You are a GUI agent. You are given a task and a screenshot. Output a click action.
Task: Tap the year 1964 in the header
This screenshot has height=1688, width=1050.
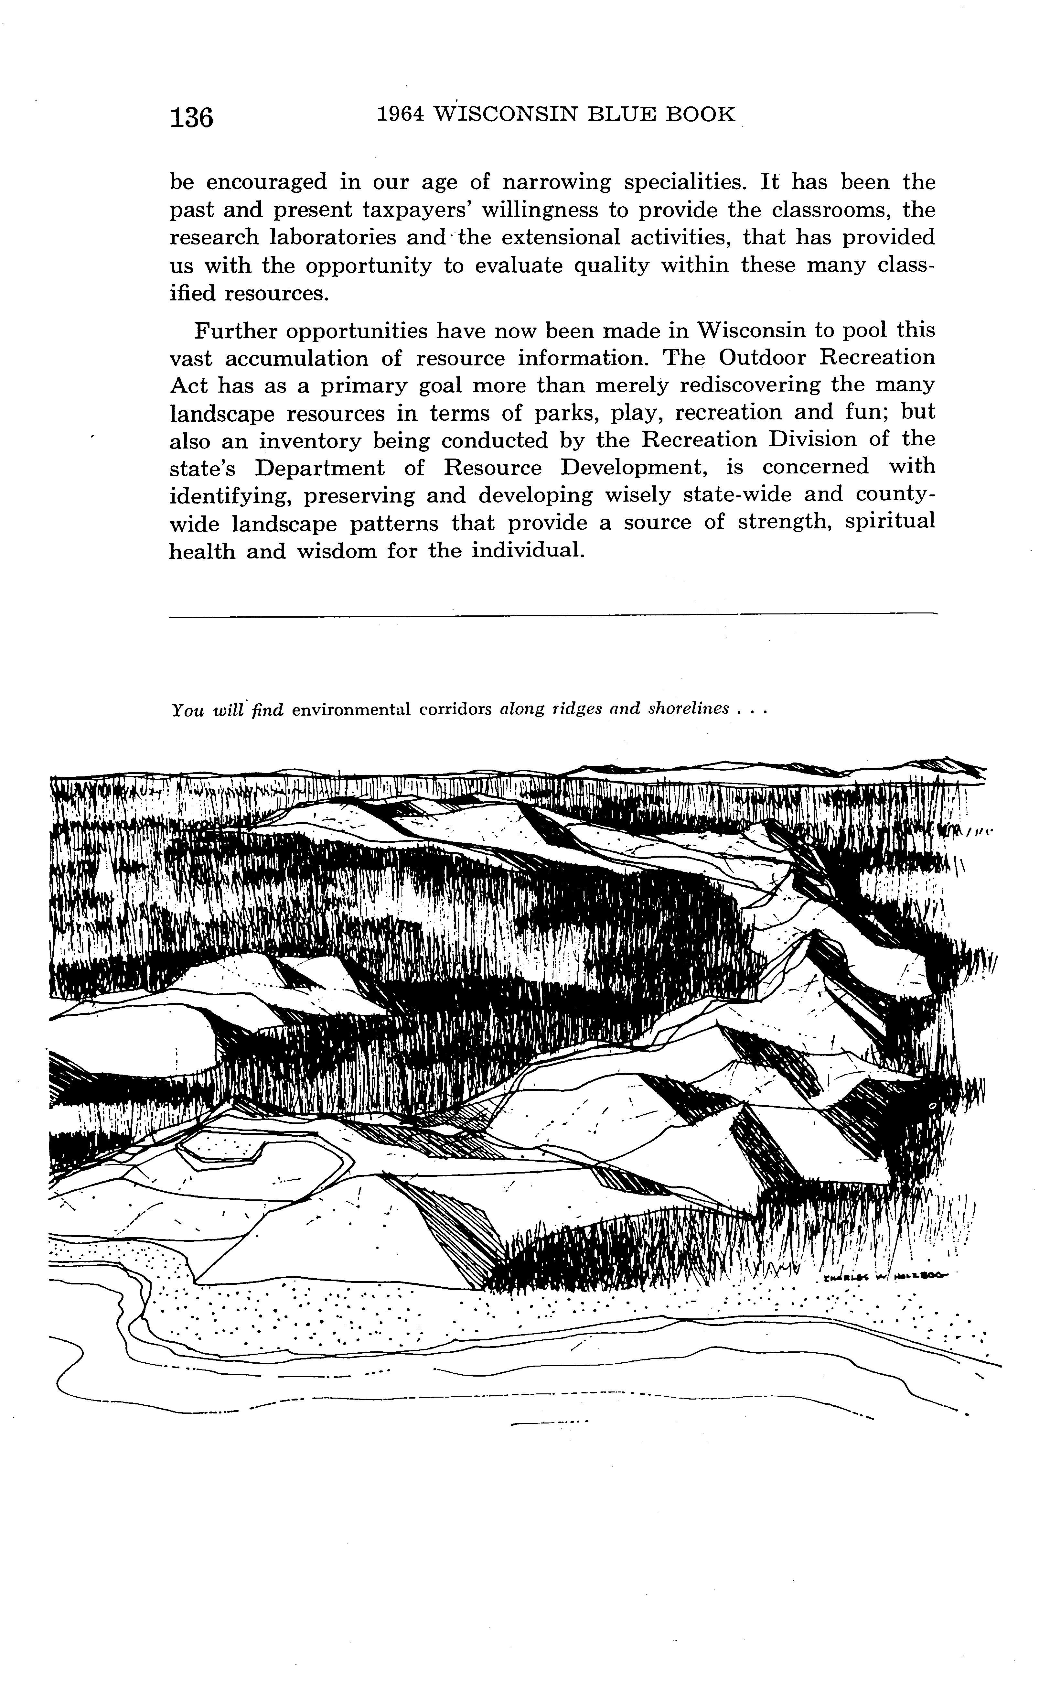click(400, 114)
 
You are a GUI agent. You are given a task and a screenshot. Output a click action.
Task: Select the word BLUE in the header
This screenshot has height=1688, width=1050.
click(622, 114)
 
